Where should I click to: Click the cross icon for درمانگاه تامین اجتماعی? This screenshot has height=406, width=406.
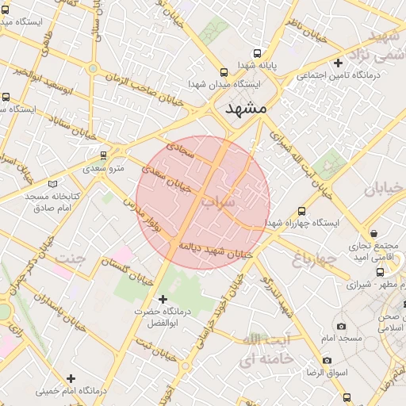tap(339, 63)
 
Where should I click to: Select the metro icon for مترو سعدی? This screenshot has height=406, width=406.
tap(102, 155)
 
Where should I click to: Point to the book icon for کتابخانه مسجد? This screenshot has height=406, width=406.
tap(52, 183)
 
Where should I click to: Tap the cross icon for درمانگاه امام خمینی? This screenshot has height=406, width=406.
tap(71, 378)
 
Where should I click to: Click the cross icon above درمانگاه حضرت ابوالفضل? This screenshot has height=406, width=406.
tap(163, 299)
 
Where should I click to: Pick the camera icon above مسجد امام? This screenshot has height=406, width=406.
tap(341, 326)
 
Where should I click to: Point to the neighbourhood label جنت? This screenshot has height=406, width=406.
tap(71, 258)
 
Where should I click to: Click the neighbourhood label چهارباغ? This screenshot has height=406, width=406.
tap(316, 259)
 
